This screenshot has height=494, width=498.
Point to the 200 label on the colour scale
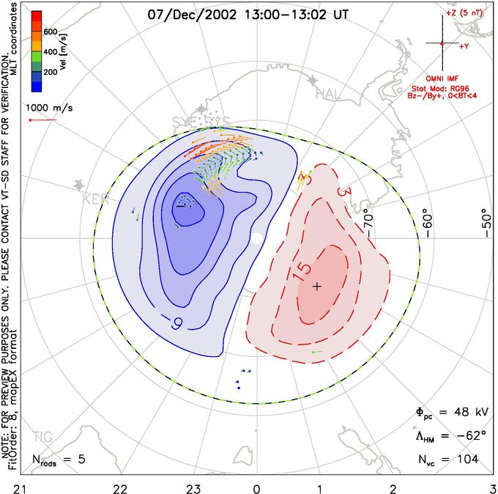[51, 73]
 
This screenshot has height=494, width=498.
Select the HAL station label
[328, 94]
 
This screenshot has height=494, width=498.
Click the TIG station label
[43, 437]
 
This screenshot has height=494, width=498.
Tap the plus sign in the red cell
[316, 286]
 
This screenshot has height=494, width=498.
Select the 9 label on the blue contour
[176, 320]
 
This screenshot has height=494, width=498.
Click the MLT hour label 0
[256, 485]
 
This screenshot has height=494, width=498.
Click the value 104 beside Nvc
[464, 460]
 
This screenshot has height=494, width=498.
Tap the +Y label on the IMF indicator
[464, 47]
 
